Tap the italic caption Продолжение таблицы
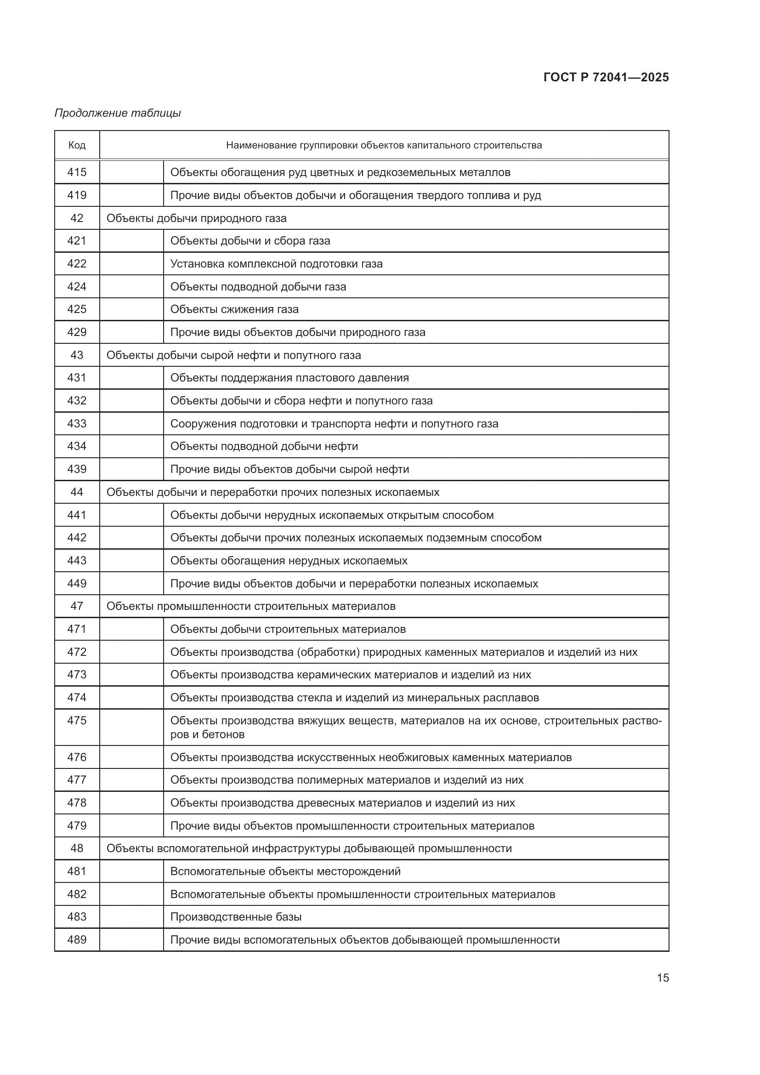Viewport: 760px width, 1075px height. click(118, 113)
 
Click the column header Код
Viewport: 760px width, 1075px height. click(77, 145)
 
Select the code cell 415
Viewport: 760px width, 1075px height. click(77, 172)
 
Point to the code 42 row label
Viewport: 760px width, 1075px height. click(77, 218)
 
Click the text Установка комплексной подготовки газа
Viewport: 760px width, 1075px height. click(276, 264)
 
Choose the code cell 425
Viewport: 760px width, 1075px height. click(77, 309)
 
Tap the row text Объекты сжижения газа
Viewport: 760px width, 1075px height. click(234, 309)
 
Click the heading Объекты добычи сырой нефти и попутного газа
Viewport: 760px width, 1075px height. click(233, 355)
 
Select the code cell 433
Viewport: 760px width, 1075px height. click(77, 424)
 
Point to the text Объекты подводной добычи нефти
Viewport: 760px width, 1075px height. click(264, 446)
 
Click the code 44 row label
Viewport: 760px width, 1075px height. click(77, 492)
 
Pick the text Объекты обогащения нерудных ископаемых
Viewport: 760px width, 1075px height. click(289, 560)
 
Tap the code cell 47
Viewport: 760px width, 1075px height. click(77, 606)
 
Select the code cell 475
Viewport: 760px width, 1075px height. click(77, 721)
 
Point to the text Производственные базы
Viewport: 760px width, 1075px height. click(236, 917)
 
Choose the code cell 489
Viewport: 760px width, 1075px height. click(77, 940)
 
